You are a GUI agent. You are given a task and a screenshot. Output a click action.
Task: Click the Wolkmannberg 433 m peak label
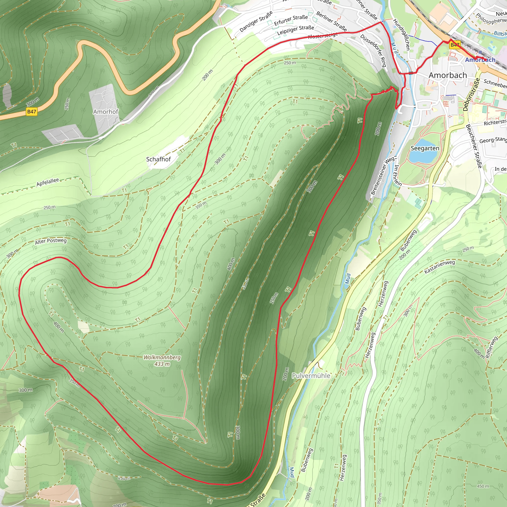[x=162, y=360]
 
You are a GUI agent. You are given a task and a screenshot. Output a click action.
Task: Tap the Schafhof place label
[x=158, y=159]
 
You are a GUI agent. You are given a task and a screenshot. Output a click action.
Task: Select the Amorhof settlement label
[x=105, y=112]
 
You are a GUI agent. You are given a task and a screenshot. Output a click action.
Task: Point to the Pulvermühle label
[x=311, y=376]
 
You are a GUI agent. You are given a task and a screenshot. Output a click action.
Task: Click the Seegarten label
[x=425, y=148]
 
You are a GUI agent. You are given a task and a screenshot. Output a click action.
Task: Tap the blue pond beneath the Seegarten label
[x=423, y=157]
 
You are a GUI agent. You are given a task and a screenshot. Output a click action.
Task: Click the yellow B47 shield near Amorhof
[x=31, y=112]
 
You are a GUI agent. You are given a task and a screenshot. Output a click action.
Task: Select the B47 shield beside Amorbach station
[x=455, y=45]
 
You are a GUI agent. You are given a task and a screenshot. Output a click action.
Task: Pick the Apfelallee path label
[x=48, y=182]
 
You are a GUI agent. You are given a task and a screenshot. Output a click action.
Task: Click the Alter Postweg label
[x=51, y=241]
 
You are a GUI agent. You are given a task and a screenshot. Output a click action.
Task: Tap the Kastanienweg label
[x=440, y=267]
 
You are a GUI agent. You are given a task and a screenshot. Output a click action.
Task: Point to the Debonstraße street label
[x=471, y=95]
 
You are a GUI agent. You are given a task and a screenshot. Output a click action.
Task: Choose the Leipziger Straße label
[x=296, y=30]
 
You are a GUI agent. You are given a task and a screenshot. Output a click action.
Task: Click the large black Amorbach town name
[x=448, y=75]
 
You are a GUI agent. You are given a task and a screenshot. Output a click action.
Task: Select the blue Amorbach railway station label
[x=480, y=60]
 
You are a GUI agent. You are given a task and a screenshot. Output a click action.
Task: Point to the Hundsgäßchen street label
[x=401, y=34]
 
